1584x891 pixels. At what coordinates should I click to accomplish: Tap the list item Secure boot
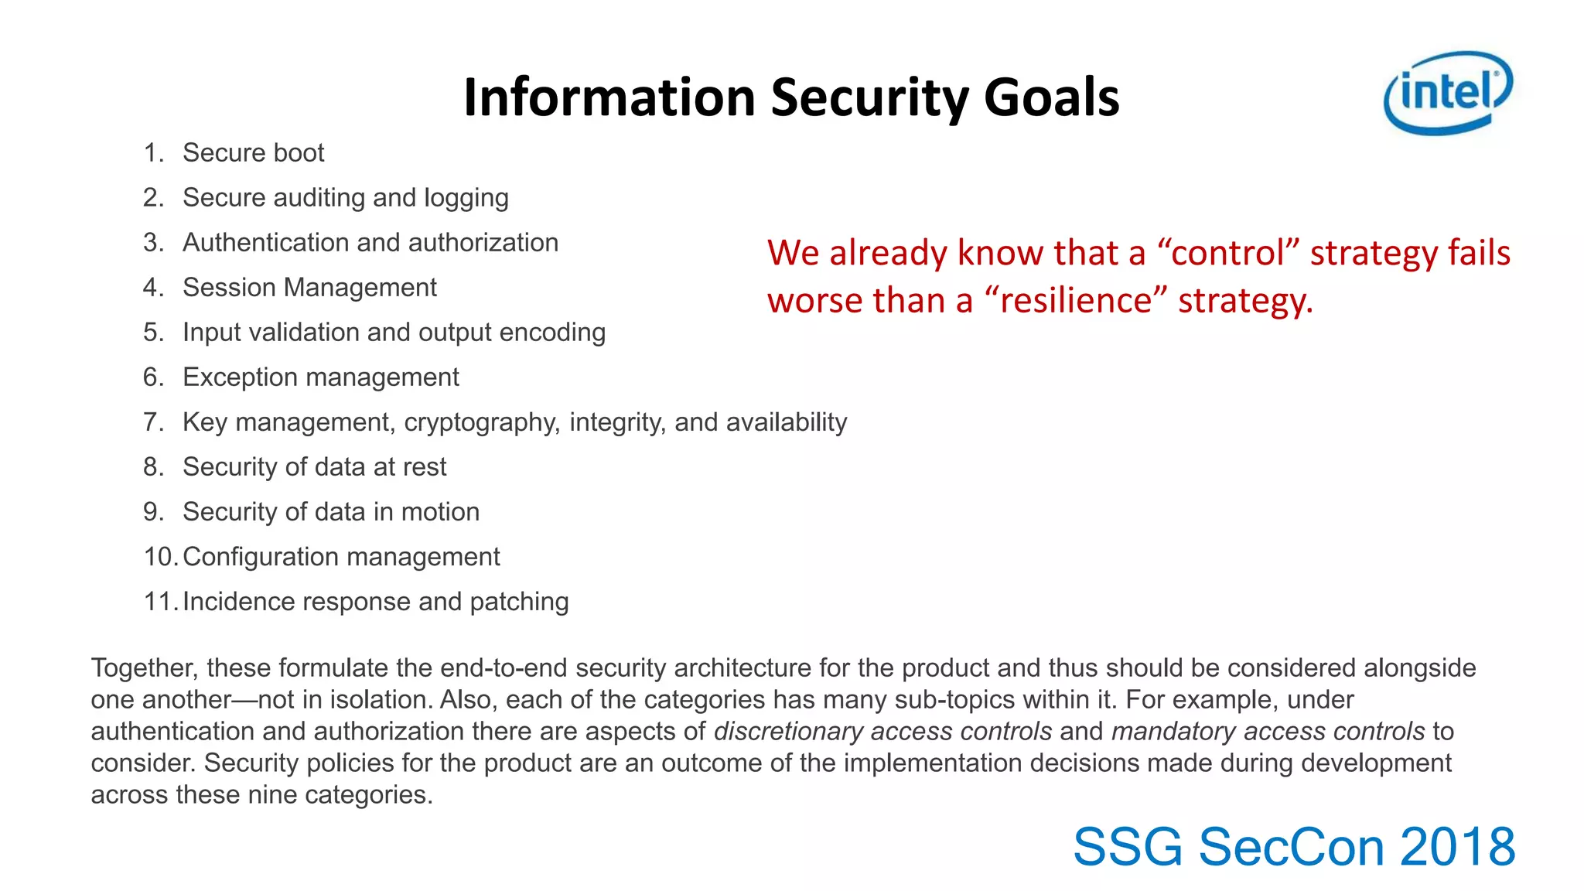pos(253,153)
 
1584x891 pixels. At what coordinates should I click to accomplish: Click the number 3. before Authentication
pos(153,243)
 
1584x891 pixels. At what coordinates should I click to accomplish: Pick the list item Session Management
pos(309,288)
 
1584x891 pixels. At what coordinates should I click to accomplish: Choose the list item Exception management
pos(320,377)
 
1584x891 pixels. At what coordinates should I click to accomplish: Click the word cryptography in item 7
pos(483,423)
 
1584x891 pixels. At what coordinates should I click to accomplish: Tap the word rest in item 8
pos(425,467)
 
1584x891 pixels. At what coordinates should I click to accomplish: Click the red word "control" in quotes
pos(1228,254)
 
